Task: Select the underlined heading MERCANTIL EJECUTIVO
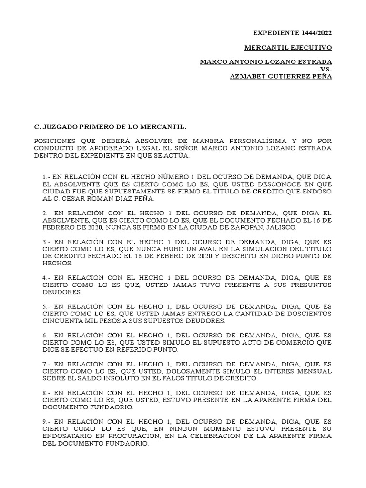(288, 48)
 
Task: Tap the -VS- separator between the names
(325, 70)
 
